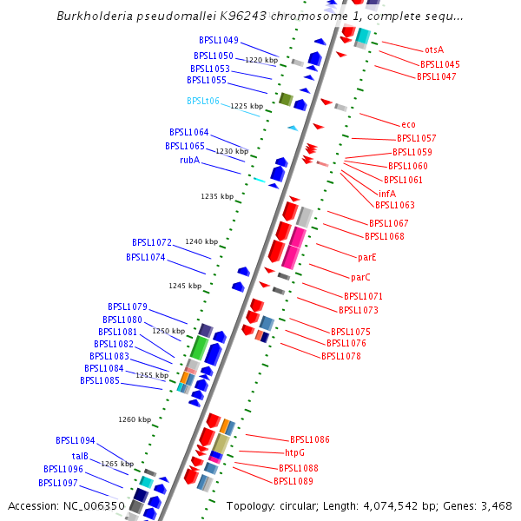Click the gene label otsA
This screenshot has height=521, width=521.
434,50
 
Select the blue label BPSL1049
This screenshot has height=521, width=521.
219,40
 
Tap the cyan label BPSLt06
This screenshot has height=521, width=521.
203,101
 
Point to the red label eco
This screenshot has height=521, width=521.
408,124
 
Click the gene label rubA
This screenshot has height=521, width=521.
189,160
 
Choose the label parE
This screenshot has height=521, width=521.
367,257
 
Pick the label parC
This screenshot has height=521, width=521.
360,278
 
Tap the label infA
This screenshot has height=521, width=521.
387,194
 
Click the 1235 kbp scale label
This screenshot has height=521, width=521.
217,197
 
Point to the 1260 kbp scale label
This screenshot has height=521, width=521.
135,419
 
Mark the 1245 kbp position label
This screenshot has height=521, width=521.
185,286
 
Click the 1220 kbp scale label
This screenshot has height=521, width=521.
261,61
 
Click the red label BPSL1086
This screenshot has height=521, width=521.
310,440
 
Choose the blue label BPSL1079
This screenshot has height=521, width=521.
128,307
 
